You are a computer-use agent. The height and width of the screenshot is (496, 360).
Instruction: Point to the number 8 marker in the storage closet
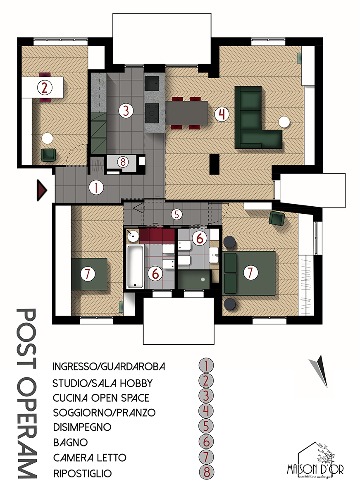122,162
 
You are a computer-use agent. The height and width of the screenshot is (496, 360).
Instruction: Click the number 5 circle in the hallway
176,215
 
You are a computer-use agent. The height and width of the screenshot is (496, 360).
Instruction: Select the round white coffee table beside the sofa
284,122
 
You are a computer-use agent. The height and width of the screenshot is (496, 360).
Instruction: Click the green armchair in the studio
49,155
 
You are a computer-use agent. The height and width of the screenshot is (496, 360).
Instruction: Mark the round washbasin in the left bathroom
133,236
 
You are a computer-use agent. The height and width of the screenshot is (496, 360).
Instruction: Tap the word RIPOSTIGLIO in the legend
82,473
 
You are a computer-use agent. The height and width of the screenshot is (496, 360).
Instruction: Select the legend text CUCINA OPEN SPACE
101,398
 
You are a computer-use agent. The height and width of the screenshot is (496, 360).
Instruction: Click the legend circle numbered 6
206,442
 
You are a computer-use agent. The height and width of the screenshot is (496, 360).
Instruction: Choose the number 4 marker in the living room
222,114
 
